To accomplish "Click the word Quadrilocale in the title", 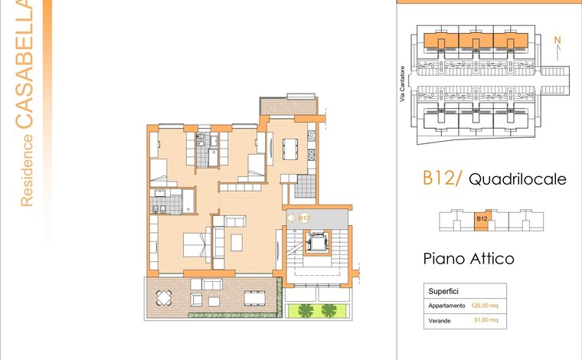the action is (x=518, y=179).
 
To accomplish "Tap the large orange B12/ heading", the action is (x=442, y=178).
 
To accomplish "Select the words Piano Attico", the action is (x=469, y=259).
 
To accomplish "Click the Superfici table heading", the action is (x=443, y=291).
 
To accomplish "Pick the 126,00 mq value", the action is (x=485, y=306).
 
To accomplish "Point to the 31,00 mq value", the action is (x=486, y=320).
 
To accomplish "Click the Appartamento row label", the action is (x=446, y=306).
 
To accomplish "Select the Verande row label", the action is (x=440, y=321).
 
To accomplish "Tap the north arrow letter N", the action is (x=557, y=40).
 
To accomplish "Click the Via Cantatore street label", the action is (x=402, y=84).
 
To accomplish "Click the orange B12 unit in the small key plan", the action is (x=482, y=220).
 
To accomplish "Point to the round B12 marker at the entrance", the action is (x=304, y=218).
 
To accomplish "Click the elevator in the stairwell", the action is (x=317, y=243).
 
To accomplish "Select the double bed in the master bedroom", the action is (x=197, y=244).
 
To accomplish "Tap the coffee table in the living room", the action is (x=237, y=242).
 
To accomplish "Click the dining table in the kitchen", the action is (x=290, y=149).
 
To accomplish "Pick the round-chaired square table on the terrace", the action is (x=164, y=298).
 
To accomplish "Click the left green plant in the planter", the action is (x=306, y=311).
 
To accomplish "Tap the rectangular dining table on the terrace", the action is (x=254, y=298).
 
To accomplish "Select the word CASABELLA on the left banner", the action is (x=25, y=64).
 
